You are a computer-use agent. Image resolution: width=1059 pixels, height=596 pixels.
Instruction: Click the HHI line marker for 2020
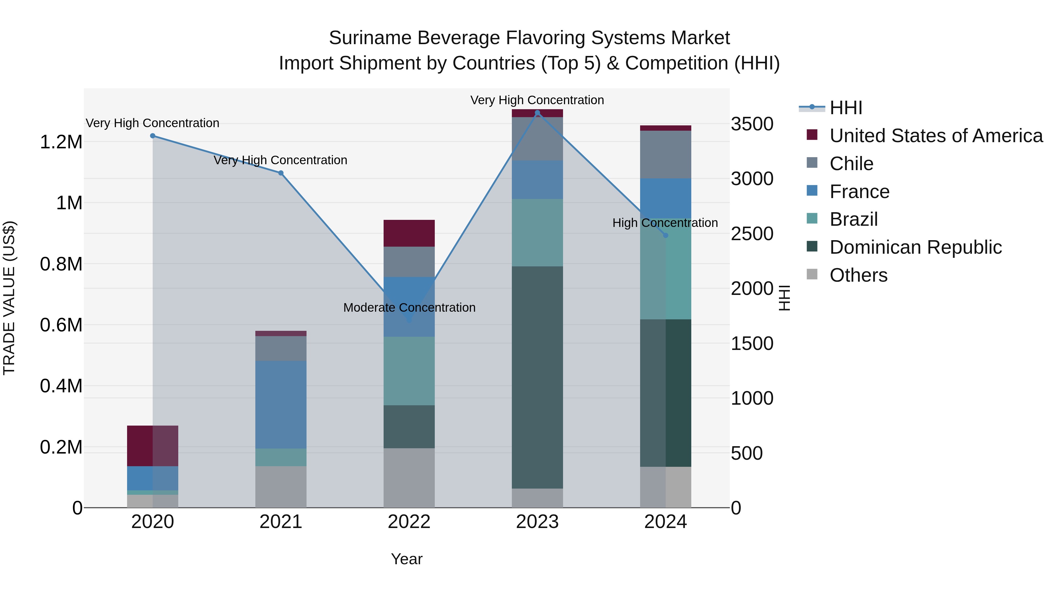pyautogui.click(x=152, y=136)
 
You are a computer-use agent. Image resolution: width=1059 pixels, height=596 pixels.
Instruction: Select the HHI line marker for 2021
pyautogui.click(x=281, y=173)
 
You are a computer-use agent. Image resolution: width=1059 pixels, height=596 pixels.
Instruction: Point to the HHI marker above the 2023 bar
pyautogui.click(x=537, y=113)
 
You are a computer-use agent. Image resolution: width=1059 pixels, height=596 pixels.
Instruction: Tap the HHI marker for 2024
pyautogui.click(x=666, y=235)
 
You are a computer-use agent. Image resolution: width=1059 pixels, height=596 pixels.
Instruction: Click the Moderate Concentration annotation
pyautogui.click(x=409, y=308)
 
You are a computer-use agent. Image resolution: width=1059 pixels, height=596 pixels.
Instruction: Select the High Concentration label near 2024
pyautogui.click(x=665, y=223)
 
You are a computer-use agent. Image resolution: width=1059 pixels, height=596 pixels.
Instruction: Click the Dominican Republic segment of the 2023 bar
pyautogui.click(x=537, y=377)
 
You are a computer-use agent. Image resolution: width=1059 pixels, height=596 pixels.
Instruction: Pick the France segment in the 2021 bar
pyautogui.click(x=281, y=404)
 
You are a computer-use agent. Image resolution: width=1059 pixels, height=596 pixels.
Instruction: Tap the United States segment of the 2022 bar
pyautogui.click(x=409, y=233)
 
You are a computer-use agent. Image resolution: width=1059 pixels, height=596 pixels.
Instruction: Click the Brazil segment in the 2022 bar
pyautogui.click(x=409, y=371)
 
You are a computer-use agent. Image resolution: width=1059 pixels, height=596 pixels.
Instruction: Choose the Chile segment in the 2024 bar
pyautogui.click(x=666, y=154)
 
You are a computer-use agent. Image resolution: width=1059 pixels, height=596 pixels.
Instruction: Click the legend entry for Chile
pyautogui.click(x=851, y=164)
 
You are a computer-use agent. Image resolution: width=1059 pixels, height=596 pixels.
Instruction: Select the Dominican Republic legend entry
pyautogui.click(x=915, y=247)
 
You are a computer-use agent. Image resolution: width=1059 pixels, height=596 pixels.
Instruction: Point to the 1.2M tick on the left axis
pyautogui.click(x=61, y=142)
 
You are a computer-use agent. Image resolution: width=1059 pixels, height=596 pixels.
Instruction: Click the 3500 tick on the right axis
pyautogui.click(x=752, y=124)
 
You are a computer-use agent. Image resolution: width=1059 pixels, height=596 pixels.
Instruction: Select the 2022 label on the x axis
pyautogui.click(x=409, y=522)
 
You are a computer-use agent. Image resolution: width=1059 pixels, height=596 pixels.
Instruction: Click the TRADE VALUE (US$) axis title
pyautogui.click(x=9, y=298)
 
